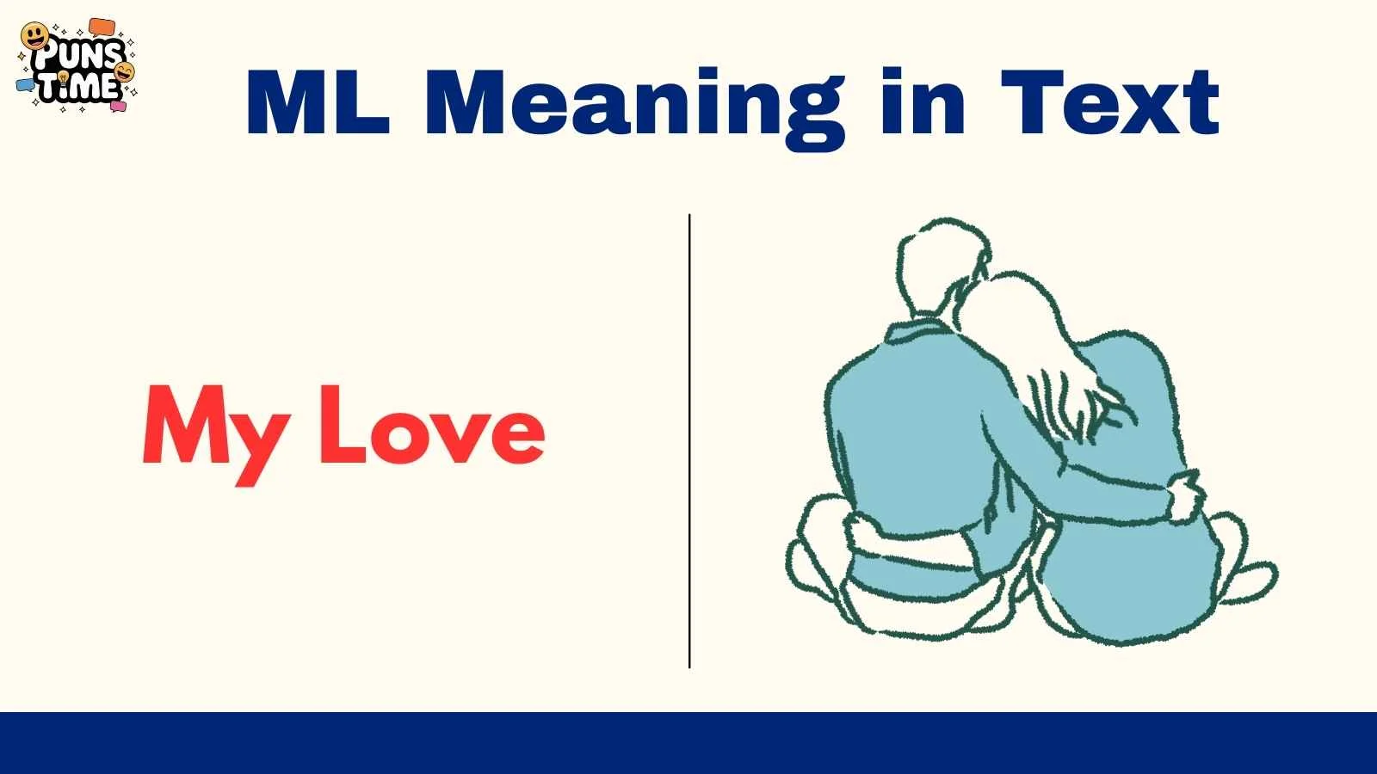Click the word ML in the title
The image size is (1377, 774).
point(317,103)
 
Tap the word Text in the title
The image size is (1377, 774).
point(1109,103)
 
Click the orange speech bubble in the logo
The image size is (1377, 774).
point(102,28)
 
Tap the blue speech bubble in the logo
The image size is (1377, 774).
point(26,85)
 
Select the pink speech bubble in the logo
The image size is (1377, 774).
point(118,107)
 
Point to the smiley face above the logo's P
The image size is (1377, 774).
point(34,36)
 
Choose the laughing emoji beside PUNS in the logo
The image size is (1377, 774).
point(125,71)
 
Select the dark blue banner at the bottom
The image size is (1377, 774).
point(688,743)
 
